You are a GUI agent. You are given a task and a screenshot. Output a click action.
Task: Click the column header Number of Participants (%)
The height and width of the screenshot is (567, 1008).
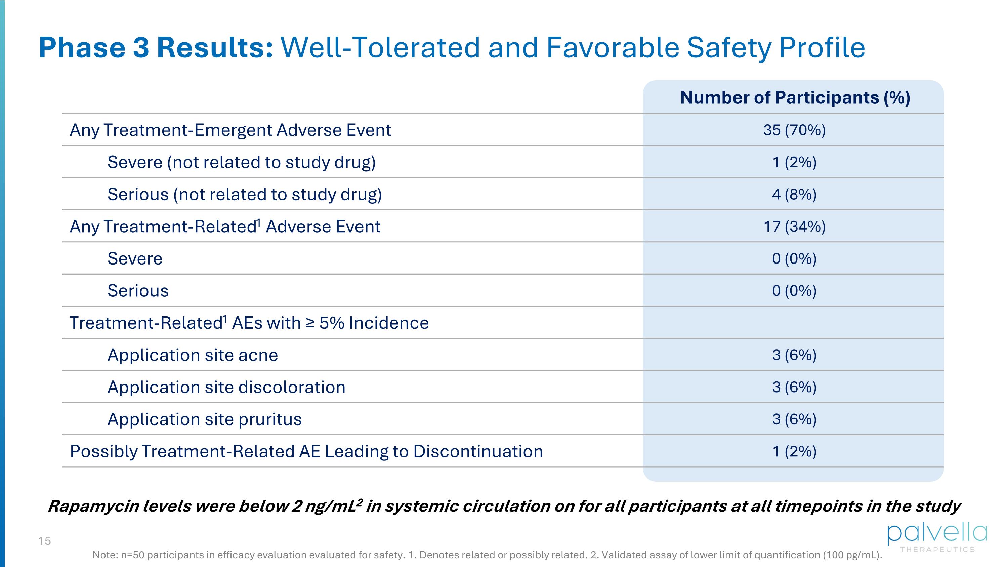point(795,97)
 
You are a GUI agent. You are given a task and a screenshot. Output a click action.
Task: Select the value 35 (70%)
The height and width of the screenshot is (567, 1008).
point(794,130)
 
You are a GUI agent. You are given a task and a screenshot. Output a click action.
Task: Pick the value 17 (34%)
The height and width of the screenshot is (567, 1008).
point(794,226)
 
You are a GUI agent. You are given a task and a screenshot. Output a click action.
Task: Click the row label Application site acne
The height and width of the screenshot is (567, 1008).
point(193,355)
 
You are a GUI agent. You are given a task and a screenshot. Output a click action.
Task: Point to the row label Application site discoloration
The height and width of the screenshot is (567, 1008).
point(226,387)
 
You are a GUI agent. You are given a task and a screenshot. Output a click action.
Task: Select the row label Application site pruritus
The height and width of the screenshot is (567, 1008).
point(204,419)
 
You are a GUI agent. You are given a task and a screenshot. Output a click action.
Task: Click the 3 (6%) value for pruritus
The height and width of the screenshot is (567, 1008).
point(794,419)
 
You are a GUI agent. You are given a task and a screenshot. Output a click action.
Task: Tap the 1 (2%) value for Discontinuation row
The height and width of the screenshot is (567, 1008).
point(794,451)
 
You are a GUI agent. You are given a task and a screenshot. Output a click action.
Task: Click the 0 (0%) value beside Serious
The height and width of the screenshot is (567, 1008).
point(794,291)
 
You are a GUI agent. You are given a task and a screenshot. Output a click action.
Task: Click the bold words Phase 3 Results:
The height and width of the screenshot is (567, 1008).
point(156,47)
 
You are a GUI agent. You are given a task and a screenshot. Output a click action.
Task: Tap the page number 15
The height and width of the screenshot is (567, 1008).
point(45,541)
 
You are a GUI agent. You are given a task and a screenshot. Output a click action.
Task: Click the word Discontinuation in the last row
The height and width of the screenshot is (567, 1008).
point(478,451)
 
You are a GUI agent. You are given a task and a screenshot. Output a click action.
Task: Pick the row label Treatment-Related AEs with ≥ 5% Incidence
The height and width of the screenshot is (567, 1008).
point(249,323)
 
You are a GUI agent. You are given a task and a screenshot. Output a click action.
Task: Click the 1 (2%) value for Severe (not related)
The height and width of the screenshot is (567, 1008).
point(794,162)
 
